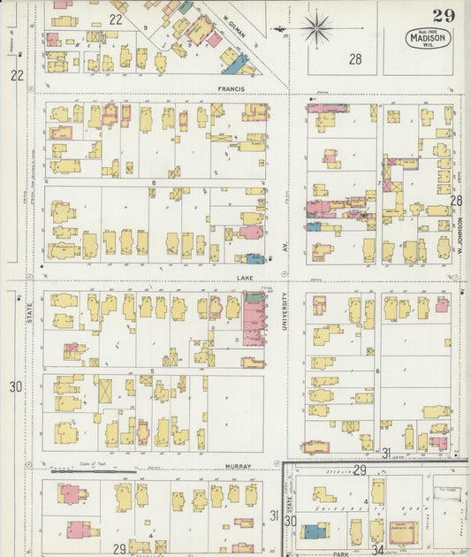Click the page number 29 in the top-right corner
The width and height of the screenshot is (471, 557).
pos(444,15)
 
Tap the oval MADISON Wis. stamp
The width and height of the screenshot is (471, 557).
pos(429,39)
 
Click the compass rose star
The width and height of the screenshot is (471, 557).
pos(315,28)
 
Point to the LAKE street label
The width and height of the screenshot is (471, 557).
pos(245,277)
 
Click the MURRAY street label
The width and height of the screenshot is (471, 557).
pos(238,466)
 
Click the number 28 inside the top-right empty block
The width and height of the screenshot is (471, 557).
pos(355,59)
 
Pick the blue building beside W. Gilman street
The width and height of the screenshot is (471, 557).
pos(233,64)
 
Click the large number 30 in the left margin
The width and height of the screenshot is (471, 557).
pos(15,387)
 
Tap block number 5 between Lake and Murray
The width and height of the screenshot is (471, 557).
pos(152,370)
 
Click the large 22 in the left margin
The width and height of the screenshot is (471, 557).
pos(16,76)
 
